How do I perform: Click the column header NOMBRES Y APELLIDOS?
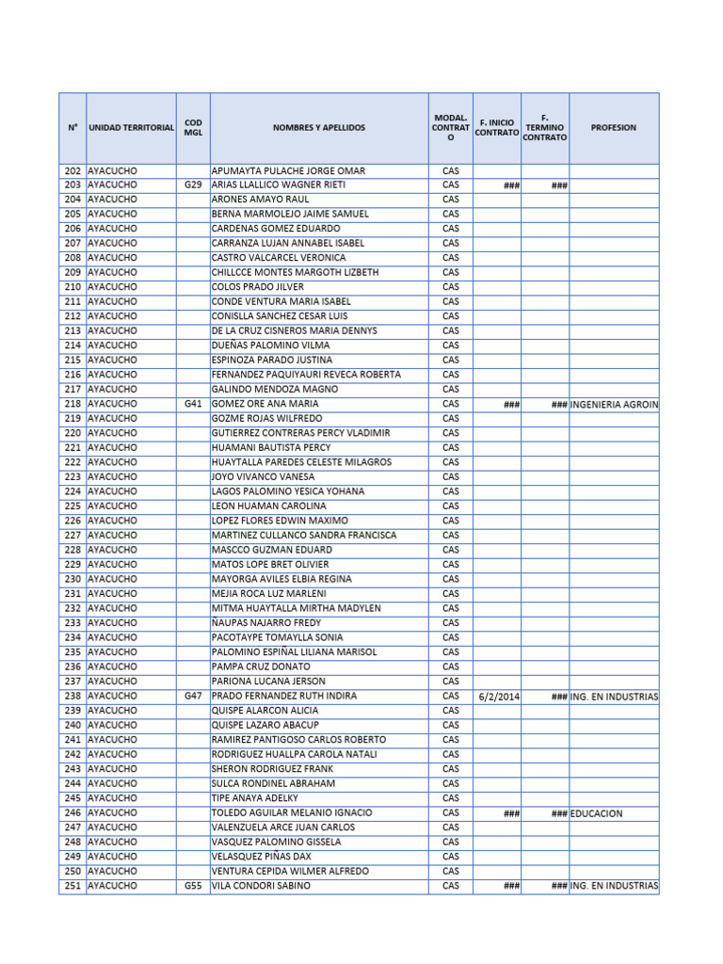[x=319, y=127]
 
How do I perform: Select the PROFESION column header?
[x=614, y=127]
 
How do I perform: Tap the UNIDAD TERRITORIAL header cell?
[x=131, y=127]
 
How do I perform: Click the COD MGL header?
[x=193, y=127]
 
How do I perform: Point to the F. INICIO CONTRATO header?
[x=496, y=127]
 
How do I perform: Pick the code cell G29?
[x=193, y=185]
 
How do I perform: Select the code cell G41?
[x=193, y=404]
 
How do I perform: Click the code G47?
[x=193, y=696]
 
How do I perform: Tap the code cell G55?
[x=193, y=886]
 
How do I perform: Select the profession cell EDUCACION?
[x=596, y=813]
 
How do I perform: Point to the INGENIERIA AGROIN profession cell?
[x=614, y=404]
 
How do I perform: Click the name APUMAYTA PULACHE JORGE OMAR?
[x=288, y=171]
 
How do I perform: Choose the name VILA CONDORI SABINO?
[x=261, y=886]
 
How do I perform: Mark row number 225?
[x=72, y=506]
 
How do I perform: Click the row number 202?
[x=72, y=171]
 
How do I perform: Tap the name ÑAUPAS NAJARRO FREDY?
[x=266, y=623]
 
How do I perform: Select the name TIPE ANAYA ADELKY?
[x=254, y=798]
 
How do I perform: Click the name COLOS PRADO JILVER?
[x=256, y=287]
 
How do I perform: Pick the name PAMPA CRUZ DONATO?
[x=262, y=667]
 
